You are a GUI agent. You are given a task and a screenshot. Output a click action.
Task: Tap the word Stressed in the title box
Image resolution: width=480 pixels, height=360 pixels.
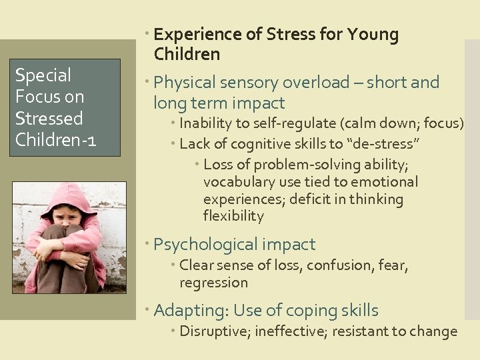[x=49, y=119]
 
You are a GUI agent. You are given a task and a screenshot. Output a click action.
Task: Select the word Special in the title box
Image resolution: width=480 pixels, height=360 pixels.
[x=43, y=75]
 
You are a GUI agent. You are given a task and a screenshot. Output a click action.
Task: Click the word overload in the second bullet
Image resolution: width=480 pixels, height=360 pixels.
[x=316, y=83]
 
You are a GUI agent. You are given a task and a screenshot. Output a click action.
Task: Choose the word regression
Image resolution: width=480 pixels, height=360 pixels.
[x=213, y=283]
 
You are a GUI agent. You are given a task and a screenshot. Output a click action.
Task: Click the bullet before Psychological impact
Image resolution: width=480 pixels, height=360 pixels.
[x=149, y=245]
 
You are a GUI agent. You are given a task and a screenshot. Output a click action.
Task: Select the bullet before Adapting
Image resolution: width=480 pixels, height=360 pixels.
[x=149, y=311]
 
